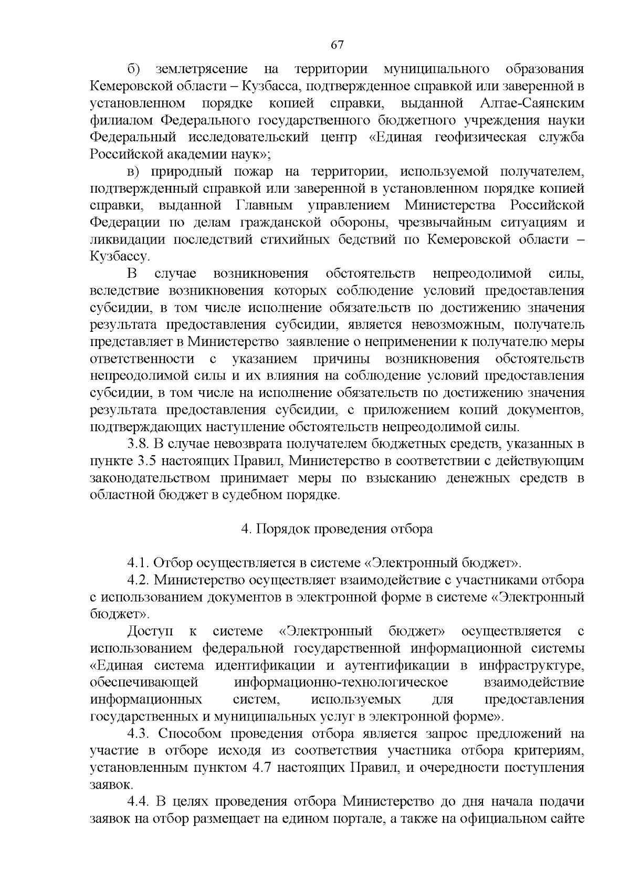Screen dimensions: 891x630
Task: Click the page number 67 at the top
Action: point(337,45)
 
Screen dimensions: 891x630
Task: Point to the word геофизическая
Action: point(481,137)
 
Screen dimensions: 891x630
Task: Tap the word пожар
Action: point(254,171)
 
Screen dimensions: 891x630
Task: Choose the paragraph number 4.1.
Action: point(138,563)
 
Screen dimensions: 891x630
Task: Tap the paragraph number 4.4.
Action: point(139,802)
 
